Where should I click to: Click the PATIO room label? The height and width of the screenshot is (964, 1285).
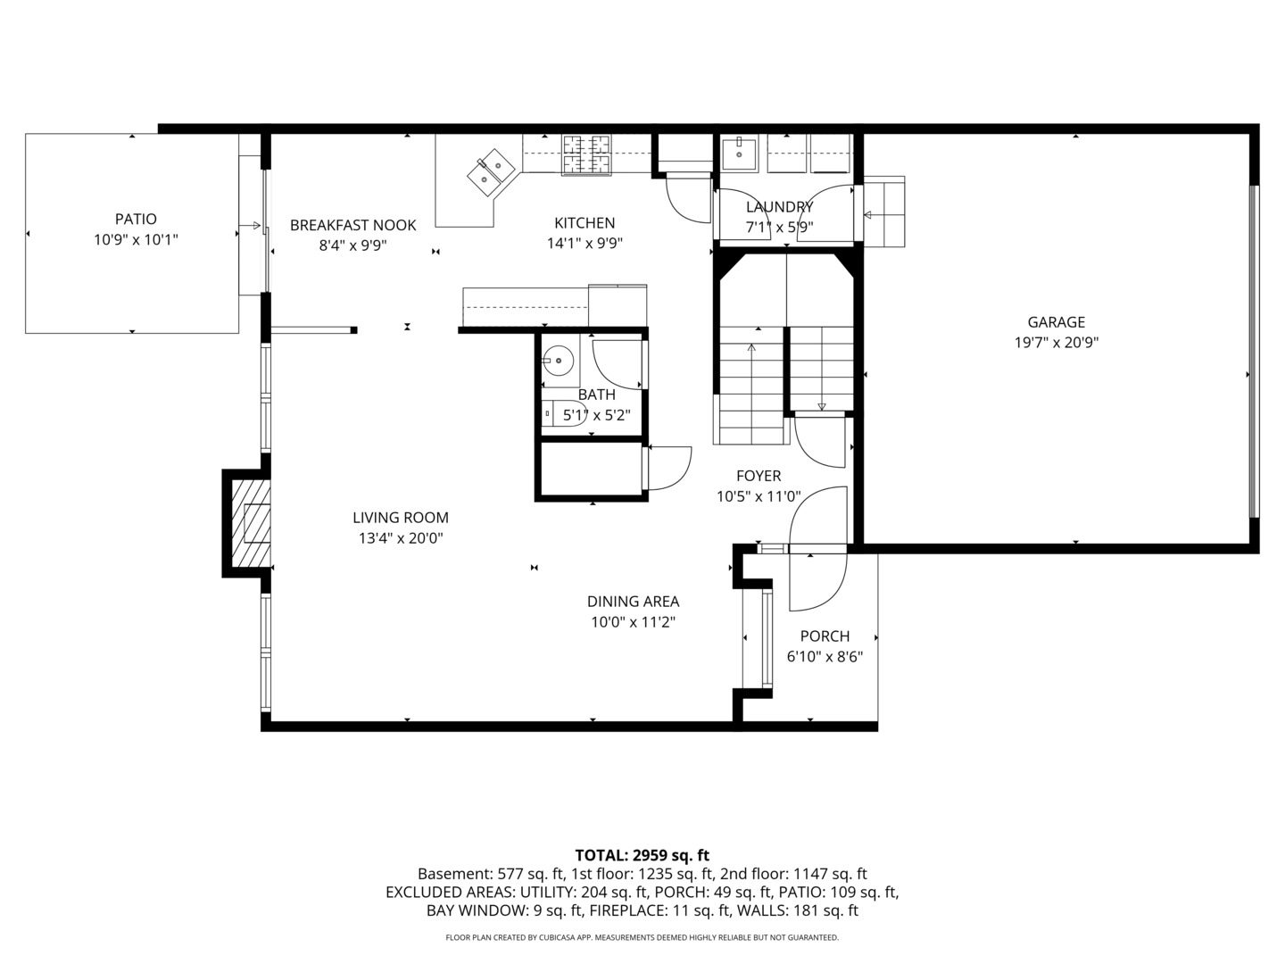coord(136,219)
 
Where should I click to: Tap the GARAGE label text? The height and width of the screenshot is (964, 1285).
coord(1056,322)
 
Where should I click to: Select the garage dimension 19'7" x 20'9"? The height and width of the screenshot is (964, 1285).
coord(1056,343)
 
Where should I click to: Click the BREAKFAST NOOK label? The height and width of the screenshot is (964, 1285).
coord(352,225)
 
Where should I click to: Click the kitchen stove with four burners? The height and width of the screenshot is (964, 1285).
coord(586,154)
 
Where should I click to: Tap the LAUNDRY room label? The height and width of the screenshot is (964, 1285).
coord(779,207)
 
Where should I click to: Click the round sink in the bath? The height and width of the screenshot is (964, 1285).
coord(560,361)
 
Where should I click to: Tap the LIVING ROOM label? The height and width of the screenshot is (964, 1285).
coord(400,518)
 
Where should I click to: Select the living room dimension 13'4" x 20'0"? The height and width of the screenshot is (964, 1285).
coord(400,538)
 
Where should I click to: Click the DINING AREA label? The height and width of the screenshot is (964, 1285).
coord(633,602)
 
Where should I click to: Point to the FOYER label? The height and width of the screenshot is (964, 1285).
coord(759,476)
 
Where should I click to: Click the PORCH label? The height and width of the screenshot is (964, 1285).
coord(825,636)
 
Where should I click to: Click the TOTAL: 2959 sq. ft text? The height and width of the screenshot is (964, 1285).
coord(642,855)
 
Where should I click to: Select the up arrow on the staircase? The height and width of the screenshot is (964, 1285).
coord(751,350)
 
